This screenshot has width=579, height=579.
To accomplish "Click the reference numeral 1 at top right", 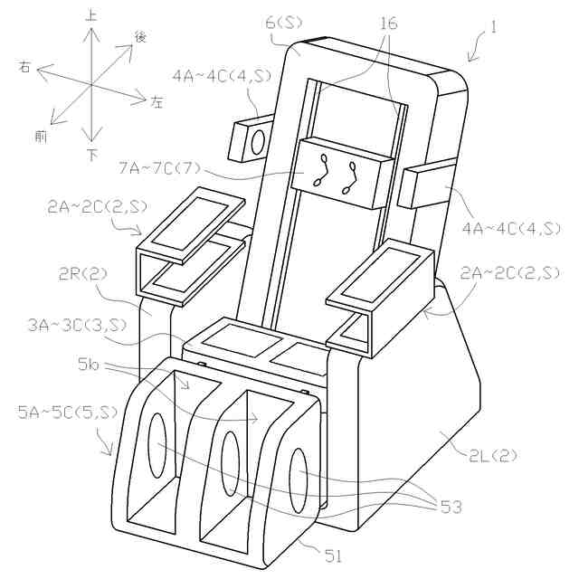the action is click(492, 28).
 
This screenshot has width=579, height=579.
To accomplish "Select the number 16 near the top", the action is click(388, 24).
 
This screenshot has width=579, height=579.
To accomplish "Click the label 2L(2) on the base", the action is click(493, 455).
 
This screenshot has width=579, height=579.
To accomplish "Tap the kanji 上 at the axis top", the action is click(91, 15).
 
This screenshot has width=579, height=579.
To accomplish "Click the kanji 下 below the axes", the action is click(92, 155).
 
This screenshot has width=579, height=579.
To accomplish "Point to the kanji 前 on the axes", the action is click(41, 136).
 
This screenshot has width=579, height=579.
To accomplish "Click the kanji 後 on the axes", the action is click(141, 36).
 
